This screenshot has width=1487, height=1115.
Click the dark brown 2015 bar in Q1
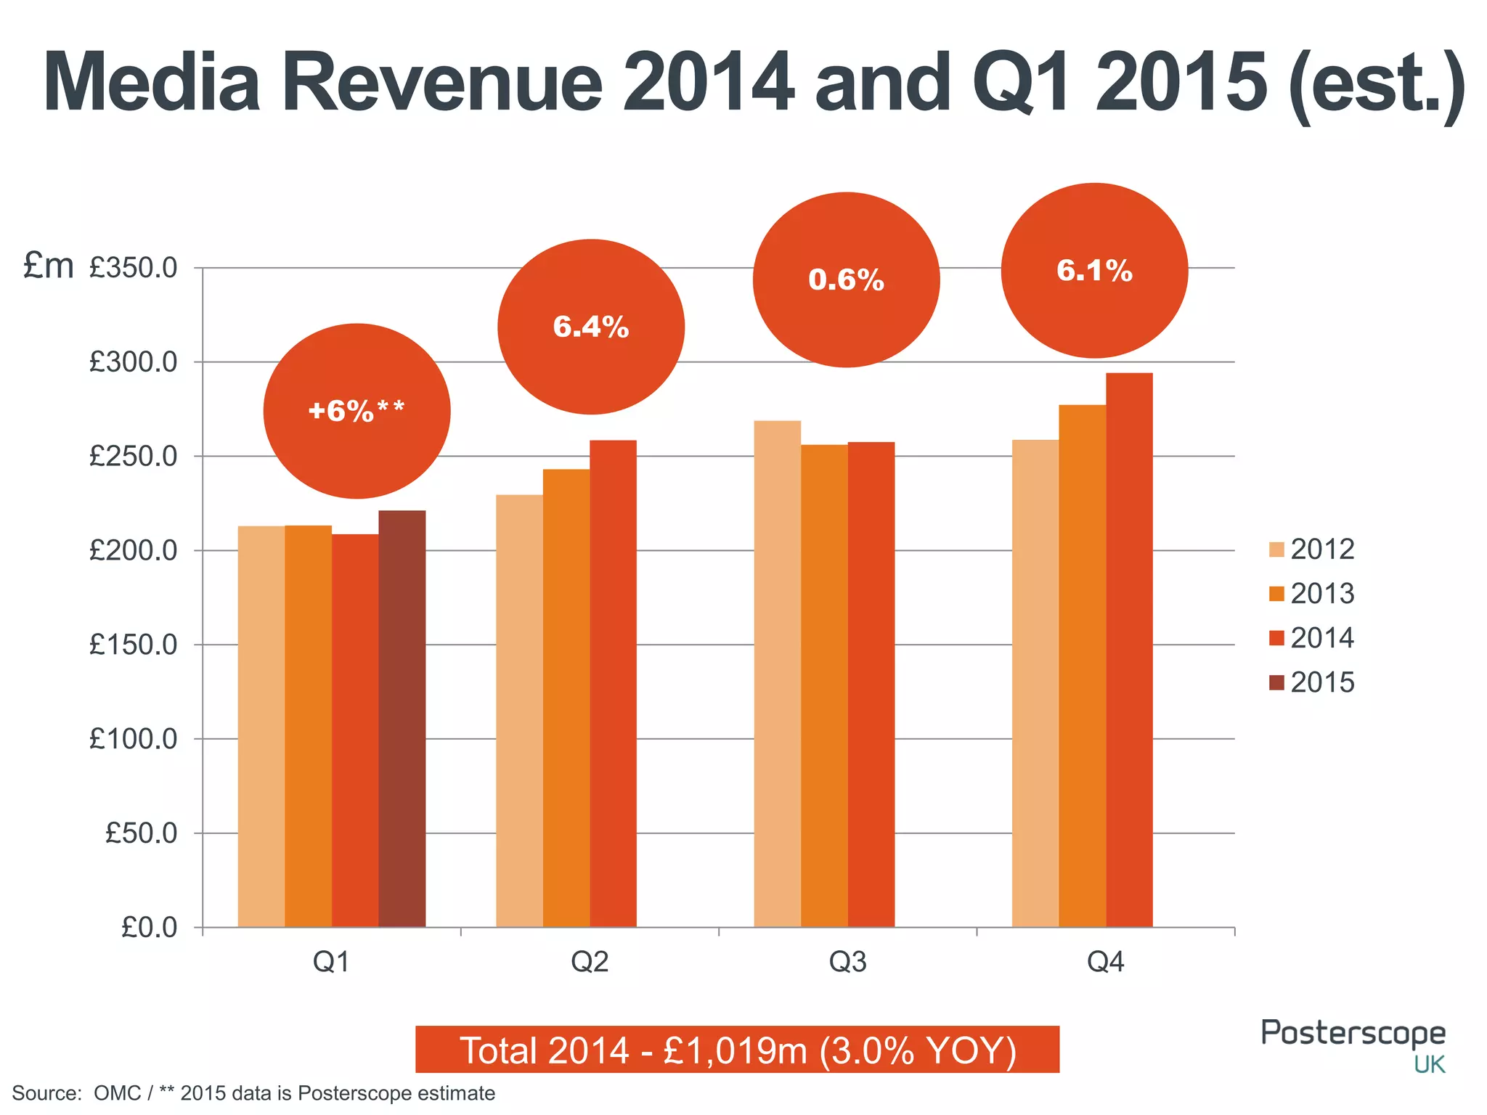click(x=402, y=719)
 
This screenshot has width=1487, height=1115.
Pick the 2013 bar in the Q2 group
click(x=566, y=698)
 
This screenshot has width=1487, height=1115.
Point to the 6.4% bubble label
click(x=590, y=327)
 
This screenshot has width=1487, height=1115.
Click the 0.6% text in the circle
click(x=846, y=280)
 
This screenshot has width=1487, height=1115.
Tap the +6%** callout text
click(x=356, y=412)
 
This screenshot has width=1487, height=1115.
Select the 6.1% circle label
click(x=1094, y=271)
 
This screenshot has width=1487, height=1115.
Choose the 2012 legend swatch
click(x=1276, y=550)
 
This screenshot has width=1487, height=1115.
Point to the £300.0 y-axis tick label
click(x=134, y=362)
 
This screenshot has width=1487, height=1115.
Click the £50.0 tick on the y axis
click(x=142, y=833)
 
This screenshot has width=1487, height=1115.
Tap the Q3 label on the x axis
click(x=847, y=962)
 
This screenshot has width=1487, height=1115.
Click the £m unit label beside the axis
click(x=48, y=266)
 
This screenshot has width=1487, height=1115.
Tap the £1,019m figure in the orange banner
click(x=735, y=1050)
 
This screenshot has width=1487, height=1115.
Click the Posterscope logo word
click(x=1353, y=1034)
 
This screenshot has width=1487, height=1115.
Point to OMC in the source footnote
click(x=118, y=1093)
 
